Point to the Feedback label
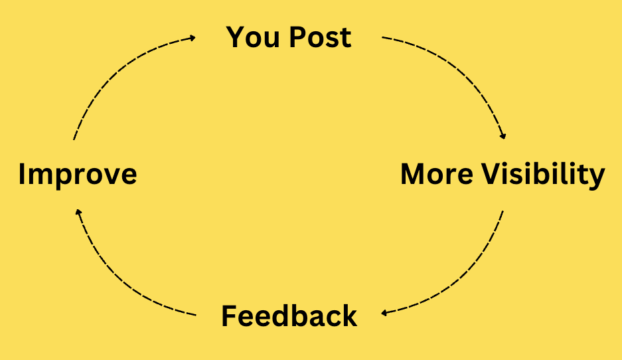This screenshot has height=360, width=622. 289,316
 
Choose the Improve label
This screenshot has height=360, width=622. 78,175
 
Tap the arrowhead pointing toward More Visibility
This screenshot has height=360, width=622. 503,135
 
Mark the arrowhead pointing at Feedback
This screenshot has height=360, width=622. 384,312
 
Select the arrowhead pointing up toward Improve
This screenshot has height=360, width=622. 78,213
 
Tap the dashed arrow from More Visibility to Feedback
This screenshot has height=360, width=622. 465,279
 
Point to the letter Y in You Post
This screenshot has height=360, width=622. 236,37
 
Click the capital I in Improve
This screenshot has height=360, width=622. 23,175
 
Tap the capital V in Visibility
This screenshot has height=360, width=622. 491,175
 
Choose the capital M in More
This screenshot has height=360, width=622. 414,175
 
